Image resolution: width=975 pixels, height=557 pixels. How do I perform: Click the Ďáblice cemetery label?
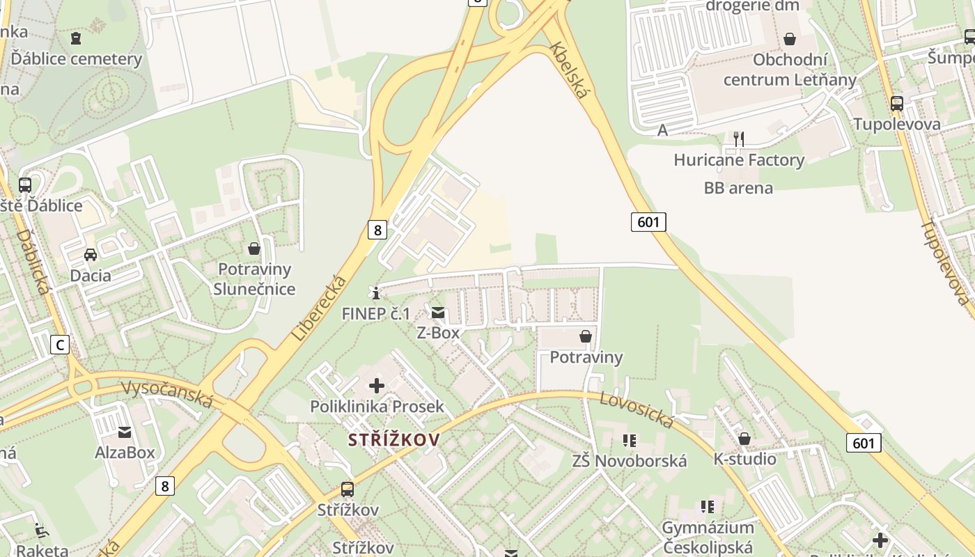click(76, 58)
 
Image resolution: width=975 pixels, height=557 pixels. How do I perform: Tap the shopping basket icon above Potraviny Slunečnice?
click(254, 248)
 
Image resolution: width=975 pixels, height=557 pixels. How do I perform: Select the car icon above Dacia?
click(91, 254)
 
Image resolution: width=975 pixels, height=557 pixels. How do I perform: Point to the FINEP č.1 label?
click(376, 314)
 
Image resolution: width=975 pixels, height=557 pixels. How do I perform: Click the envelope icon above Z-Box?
click(438, 313)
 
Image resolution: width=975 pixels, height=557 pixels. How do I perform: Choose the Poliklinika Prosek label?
click(377, 406)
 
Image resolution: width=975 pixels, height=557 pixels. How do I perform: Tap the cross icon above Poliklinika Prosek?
click(377, 385)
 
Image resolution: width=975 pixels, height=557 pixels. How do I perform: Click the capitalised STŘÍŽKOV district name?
click(394, 440)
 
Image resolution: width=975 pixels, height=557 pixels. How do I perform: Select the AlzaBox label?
click(125, 453)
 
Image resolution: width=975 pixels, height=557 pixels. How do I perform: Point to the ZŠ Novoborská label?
click(630, 461)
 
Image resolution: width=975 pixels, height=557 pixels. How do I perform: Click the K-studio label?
click(744, 459)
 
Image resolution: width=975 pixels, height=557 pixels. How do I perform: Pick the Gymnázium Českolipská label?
click(708, 538)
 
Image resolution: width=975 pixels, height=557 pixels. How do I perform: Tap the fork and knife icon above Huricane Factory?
click(739, 139)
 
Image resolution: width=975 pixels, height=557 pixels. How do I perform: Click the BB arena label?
click(738, 188)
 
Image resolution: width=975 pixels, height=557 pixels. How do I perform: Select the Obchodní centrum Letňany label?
click(790, 70)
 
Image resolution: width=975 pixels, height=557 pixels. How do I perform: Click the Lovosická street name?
click(637, 409)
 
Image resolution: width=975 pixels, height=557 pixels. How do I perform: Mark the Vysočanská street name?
click(168, 394)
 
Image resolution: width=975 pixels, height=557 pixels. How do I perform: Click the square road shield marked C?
click(61, 344)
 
